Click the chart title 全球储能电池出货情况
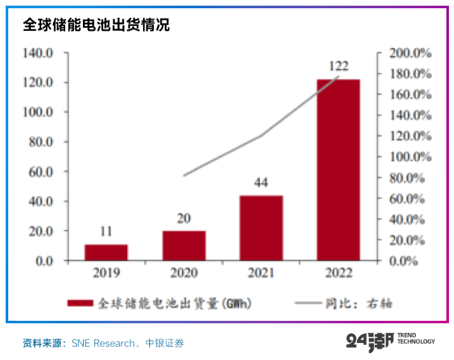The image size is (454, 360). pos(96,25)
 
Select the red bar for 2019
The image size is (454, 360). pos(106,252)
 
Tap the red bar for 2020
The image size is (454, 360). pos(184,245)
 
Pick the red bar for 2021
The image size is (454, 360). pos(261,228)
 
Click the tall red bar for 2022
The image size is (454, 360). pos(338,170)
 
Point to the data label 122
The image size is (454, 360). pos(338,66)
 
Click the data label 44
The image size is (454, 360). pos(261,183)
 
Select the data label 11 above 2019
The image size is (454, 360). pos(106,232)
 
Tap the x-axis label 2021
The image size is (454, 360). pos(261,273)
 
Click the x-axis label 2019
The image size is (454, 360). pos(106,273)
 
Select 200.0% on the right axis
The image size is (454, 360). pos(410,53)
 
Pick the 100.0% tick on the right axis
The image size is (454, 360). pos(410,157)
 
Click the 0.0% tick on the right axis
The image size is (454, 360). pos(403,261)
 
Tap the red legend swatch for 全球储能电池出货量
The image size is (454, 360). pos(80,304)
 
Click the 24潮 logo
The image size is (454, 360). pos(370,342)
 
